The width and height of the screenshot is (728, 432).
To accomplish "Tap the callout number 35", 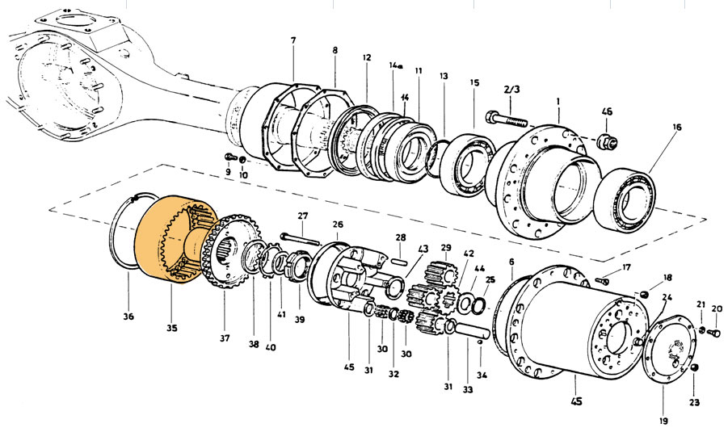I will tap(172, 329).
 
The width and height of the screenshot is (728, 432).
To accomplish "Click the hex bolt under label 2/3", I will tap(506, 120).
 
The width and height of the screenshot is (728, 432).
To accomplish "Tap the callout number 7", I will tap(292, 40).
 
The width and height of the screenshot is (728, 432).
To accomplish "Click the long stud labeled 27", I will tap(303, 237).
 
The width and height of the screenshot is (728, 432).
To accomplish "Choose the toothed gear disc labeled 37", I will tap(231, 250).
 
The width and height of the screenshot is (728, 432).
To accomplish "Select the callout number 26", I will tap(337, 224).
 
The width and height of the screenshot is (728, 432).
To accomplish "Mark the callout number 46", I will tap(608, 112).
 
